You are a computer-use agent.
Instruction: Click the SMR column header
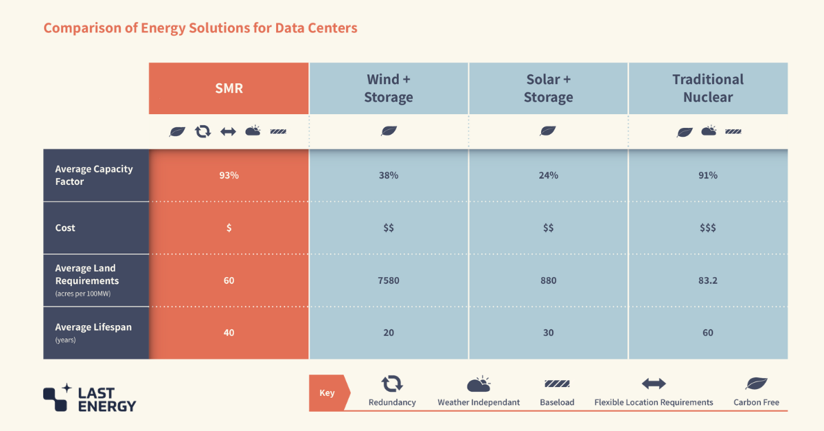click(x=229, y=89)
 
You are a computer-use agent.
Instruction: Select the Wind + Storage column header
click(x=389, y=89)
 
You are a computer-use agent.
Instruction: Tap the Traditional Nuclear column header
click(x=707, y=89)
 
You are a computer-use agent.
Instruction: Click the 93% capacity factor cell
click(x=229, y=175)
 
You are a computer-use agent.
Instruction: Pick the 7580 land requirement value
click(x=389, y=280)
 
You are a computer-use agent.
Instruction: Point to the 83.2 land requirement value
click(x=707, y=280)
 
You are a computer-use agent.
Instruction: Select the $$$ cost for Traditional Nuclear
click(x=707, y=228)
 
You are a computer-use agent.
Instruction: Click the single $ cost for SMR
click(x=229, y=228)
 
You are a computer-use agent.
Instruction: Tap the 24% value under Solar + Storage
click(x=548, y=175)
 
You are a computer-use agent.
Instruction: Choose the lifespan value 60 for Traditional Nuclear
click(x=707, y=333)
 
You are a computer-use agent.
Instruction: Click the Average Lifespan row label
click(x=93, y=328)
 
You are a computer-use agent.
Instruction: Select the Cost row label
click(x=66, y=228)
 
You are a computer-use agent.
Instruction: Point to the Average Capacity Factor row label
click(x=94, y=175)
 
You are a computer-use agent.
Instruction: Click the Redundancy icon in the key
click(x=392, y=384)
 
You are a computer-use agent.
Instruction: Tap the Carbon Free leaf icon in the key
click(x=756, y=384)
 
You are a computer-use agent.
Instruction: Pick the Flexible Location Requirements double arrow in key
click(x=654, y=384)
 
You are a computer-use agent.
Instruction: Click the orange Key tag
click(x=328, y=393)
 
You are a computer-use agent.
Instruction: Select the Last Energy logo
click(x=89, y=397)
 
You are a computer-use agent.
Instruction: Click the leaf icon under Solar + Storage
click(x=548, y=131)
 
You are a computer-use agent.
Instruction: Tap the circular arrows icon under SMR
click(x=203, y=131)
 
